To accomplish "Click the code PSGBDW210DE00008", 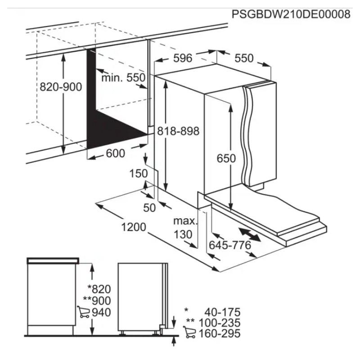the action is coord(291,14).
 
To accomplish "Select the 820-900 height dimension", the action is coord(61,87).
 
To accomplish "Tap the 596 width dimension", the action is coord(183,58).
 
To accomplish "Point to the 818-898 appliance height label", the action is coord(178,131).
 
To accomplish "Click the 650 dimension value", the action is coord(226,158).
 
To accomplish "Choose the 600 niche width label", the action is coord(116,153).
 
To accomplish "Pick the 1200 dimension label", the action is coord(134,227).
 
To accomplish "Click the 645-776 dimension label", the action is coord(230,245).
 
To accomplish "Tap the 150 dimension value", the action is coord(139,173).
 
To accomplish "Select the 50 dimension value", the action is coord(149,208).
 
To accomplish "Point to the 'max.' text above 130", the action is coord(185,221).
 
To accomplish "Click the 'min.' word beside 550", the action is coord(112,78).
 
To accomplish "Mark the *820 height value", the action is coord(99,289).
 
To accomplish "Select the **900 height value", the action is coord(97,301).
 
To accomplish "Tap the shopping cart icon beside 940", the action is coord(83,312).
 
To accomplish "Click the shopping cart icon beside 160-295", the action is coord(189,332).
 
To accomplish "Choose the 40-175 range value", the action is coord(222,312).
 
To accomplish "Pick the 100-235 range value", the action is coord(220,323).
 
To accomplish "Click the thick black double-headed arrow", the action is coord(250,234).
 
